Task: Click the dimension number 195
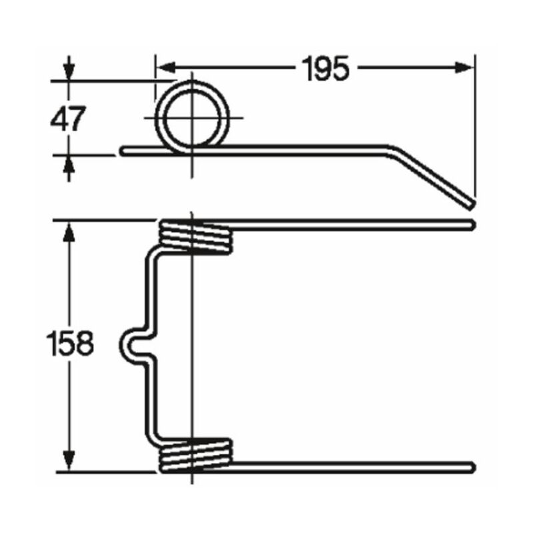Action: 325,68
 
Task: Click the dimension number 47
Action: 68,119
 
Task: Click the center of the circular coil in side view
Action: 193,117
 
